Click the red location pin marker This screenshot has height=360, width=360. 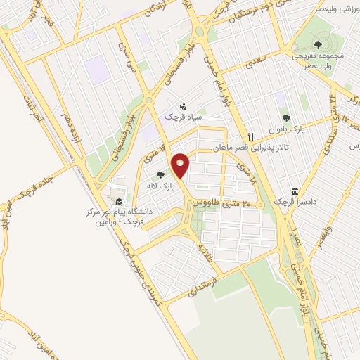pyautogui.click(x=181, y=165)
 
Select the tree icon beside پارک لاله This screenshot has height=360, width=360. pyautogui.click(x=161, y=174)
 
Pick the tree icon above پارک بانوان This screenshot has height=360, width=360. pyautogui.click(x=285, y=118)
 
